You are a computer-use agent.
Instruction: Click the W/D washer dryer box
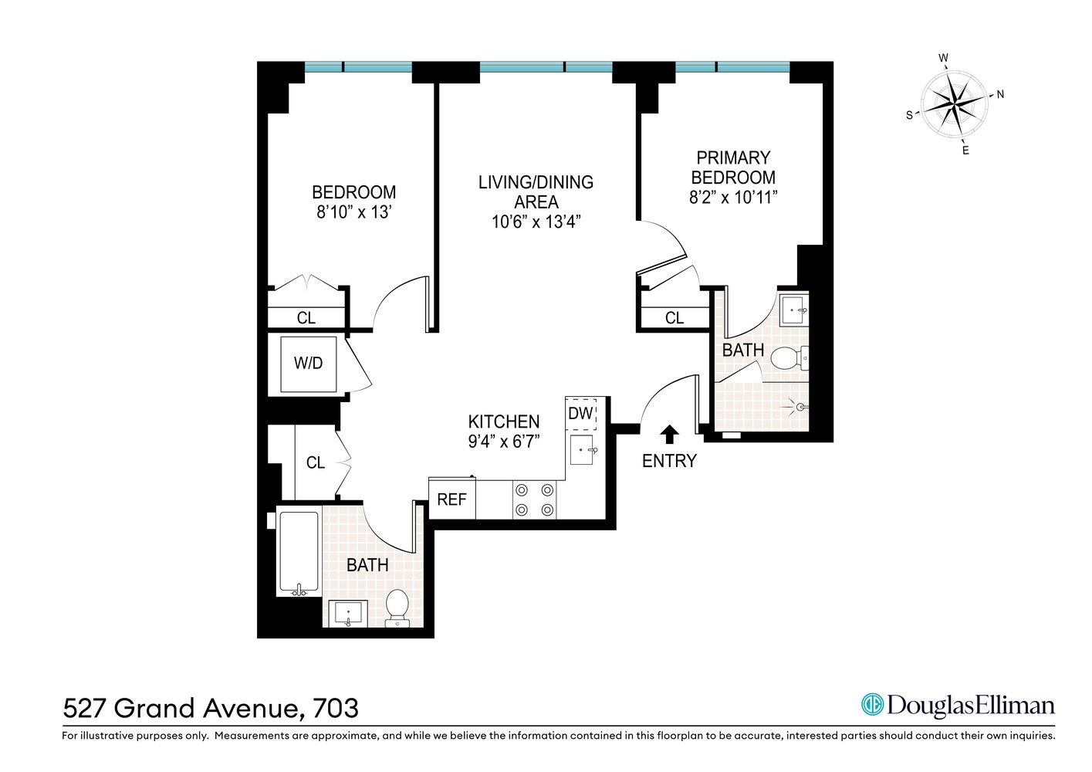[x=308, y=364]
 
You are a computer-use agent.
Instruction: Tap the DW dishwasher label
[x=580, y=414]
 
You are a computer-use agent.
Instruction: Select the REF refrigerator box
[x=451, y=499]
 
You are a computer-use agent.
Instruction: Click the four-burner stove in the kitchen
[x=534, y=499]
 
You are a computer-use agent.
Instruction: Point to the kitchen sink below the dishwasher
[x=582, y=449]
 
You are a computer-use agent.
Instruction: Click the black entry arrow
[x=669, y=435]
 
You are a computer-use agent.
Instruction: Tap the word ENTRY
[x=669, y=461]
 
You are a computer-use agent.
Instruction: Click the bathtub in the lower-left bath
[x=298, y=554]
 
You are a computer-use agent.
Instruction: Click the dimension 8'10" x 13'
[x=354, y=212]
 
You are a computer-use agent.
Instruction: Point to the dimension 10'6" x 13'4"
[x=536, y=222]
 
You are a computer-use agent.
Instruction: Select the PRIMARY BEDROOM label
[x=733, y=168]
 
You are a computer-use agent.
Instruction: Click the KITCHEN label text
[x=504, y=422]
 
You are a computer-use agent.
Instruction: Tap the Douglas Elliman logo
[x=957, y=706]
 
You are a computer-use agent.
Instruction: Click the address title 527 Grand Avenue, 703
[x=211, y=708]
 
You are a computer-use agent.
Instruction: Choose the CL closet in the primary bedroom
[x=674, y=317]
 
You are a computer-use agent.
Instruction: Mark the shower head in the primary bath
[x=800, y=407]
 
